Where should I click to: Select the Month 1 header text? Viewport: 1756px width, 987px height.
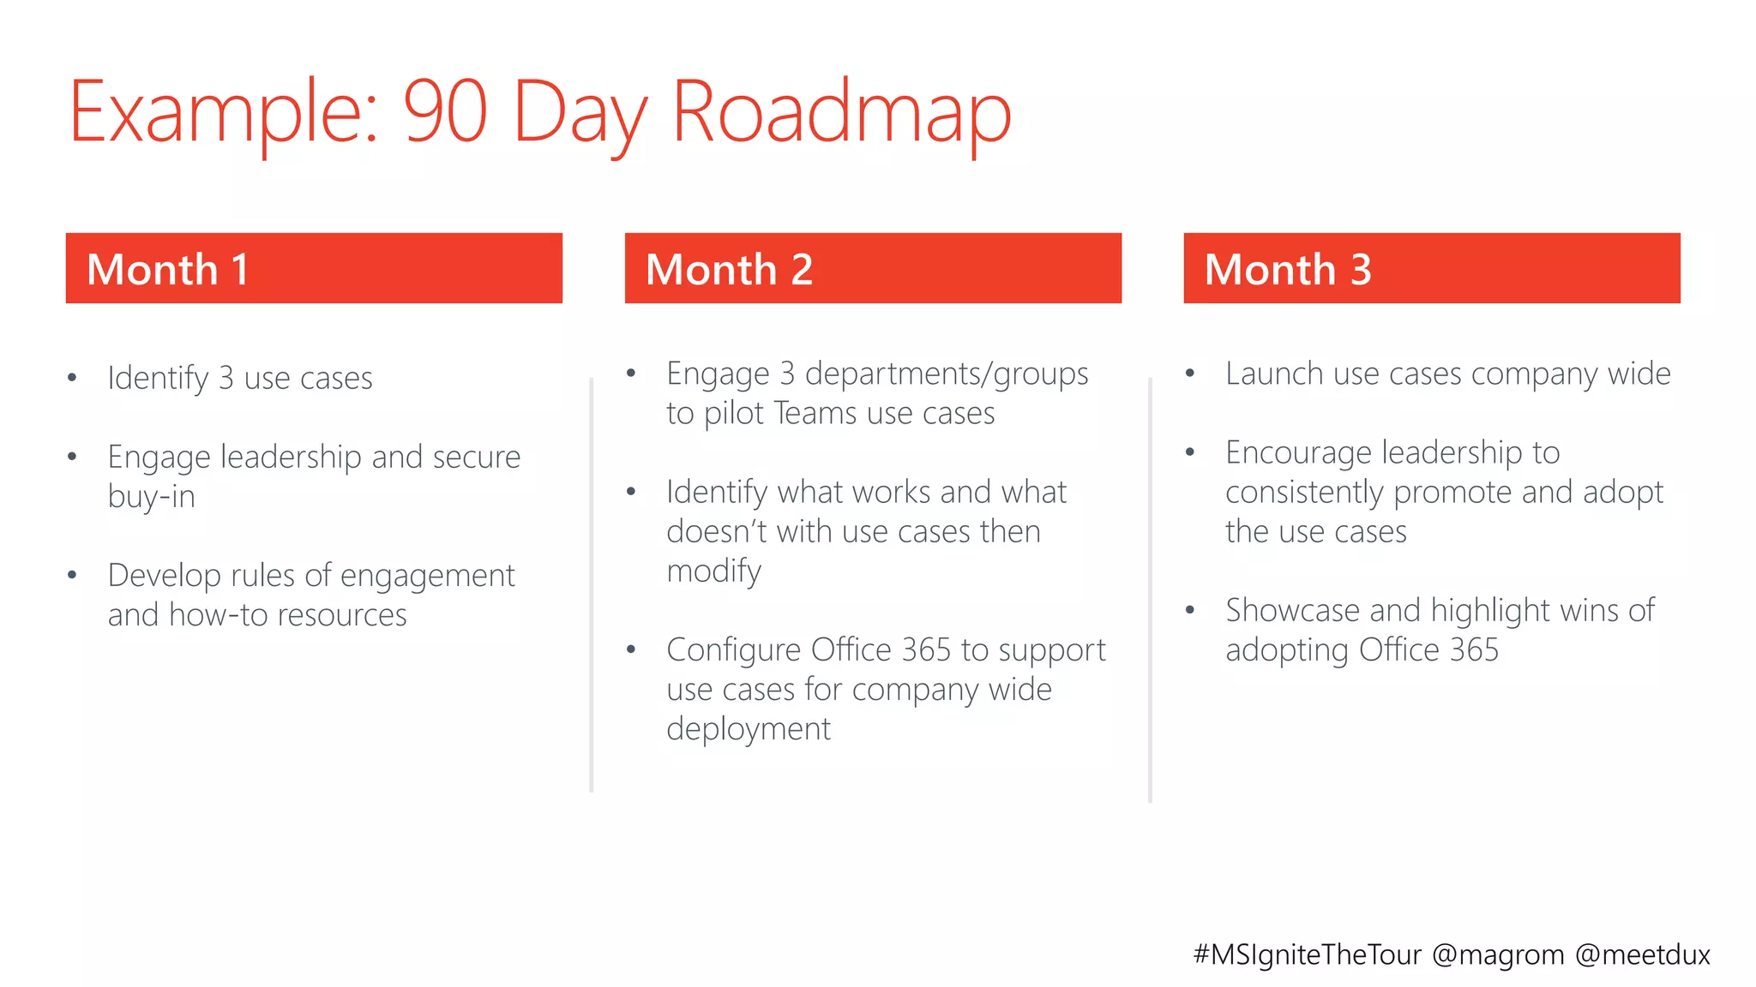pyautogui.click(x=168, y=269)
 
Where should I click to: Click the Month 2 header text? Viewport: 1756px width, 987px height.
pyautogui.click(x=729, y=269)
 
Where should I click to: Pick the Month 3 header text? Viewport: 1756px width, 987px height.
pyautogui.click(x=1288, y=269)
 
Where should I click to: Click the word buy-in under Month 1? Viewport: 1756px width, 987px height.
pyautogui.click(x=152, y=497)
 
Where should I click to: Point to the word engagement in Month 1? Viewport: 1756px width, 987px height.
pyautogui.click(x=427, y=576)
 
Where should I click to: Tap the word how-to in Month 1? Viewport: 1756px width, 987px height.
pyautogui.click(x=218, y=615)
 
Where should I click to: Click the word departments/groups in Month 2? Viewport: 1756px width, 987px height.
pyautogui.click(x=947, y=374)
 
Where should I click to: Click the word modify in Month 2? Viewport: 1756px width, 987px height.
pyautogui.click(x=713, y=571)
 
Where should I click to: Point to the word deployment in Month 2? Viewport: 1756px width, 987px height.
pyautogui.click(x=749, y=729)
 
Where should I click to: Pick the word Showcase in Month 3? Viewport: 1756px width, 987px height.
pyautogui.click(x=1292, y=611)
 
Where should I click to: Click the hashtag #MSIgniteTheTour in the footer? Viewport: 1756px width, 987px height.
pyautogui.click(x=1308, y=954)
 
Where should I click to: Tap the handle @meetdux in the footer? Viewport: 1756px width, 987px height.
pyautogui.click(x=1643, y=954)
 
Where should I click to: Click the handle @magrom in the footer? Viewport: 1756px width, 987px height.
pyautogui.click(x=1498, y=954)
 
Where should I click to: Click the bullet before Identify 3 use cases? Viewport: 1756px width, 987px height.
pyautogui.click(x=73, y=378)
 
